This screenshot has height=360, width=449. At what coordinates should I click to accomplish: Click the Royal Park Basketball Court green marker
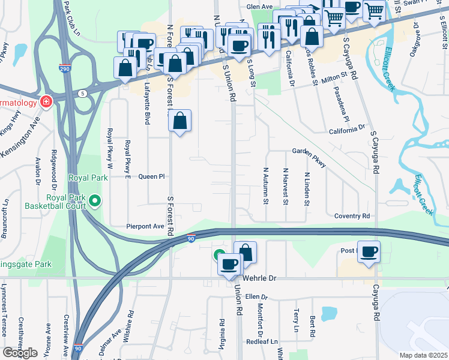[94, 200]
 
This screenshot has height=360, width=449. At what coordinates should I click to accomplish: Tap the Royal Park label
[88, 178]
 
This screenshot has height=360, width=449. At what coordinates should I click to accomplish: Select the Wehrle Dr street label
[260, 279]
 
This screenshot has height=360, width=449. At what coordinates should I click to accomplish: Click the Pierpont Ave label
[145, 227]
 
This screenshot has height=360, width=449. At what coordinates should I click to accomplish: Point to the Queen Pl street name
[151, 177]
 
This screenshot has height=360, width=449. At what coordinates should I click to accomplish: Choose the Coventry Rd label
[348, 216]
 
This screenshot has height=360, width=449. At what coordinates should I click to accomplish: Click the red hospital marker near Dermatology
[45, 102]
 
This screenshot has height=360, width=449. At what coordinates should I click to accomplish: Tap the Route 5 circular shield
[82, 93]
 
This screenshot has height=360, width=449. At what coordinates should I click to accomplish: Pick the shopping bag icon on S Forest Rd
[180, 122]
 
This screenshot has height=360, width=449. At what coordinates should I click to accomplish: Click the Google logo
[20, 353]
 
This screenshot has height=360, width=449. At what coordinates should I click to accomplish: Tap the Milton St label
[335, 78]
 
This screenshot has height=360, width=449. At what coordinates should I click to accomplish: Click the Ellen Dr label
[256, 296]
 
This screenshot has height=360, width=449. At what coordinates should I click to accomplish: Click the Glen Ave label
[260, 7]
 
